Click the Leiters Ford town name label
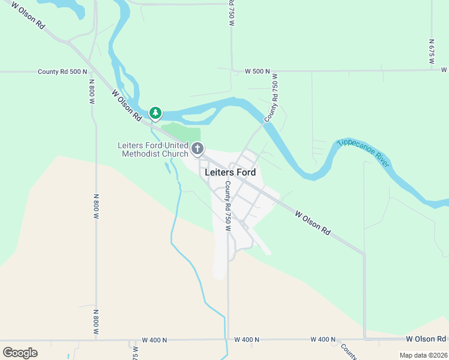coord(231,172)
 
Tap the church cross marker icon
coord(197,148)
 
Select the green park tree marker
coord(155,112)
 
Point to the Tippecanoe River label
coord(363,150)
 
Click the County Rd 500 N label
coord(62,71)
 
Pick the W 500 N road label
coord(258,71)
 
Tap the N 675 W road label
coord(432,52)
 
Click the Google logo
coord(20,352)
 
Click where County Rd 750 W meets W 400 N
coord(228,340)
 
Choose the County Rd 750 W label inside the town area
coord(228,206)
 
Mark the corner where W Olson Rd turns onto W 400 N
coord(364,339)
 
